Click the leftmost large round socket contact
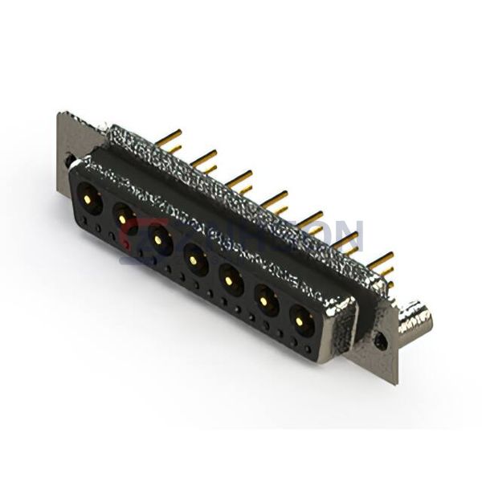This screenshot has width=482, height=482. (x=88, y=196)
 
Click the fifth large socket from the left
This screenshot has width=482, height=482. (x=230, y=280)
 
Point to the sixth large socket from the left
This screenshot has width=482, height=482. (x=265, y=301)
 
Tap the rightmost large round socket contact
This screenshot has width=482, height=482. (x=300, y=322)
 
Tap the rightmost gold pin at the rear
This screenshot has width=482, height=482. (x=382, y=260)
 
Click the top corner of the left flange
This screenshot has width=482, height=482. (x=61, y=115)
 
